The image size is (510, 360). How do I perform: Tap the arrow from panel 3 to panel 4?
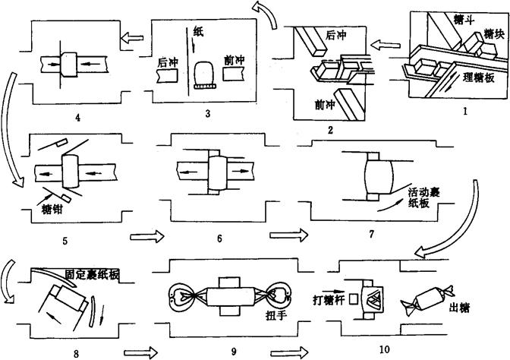(133, 35)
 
